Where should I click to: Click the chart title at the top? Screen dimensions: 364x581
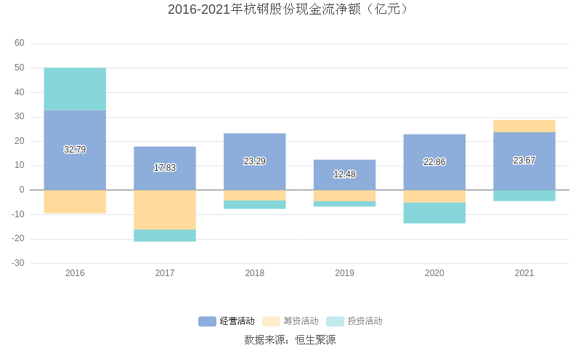(290, 9)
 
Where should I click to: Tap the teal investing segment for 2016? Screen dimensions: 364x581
(75, 89)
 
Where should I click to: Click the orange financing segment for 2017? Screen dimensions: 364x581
(165, 209)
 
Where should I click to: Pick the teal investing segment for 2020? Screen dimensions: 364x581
(434, 213)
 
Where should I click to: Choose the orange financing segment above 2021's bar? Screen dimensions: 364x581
(524, 126)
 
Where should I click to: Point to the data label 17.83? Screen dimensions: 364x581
(165, 168)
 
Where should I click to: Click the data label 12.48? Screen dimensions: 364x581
(344, 174)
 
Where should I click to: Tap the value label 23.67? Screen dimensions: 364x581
(524, 161)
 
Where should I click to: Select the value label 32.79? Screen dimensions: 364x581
(75, 150)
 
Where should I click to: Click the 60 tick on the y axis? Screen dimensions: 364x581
(20, 44)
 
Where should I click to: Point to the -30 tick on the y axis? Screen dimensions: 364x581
(18, 263)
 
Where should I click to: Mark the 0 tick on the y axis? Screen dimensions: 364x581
(22, 190)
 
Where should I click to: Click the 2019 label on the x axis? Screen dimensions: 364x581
(344, 273)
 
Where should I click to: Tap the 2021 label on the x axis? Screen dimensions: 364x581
(524, 273)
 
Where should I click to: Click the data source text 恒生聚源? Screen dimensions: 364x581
(315, 340)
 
